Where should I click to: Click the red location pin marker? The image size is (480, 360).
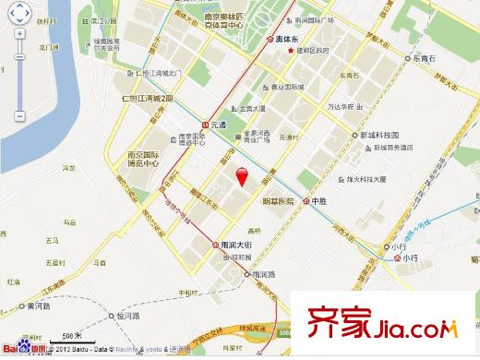coord(242,178)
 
